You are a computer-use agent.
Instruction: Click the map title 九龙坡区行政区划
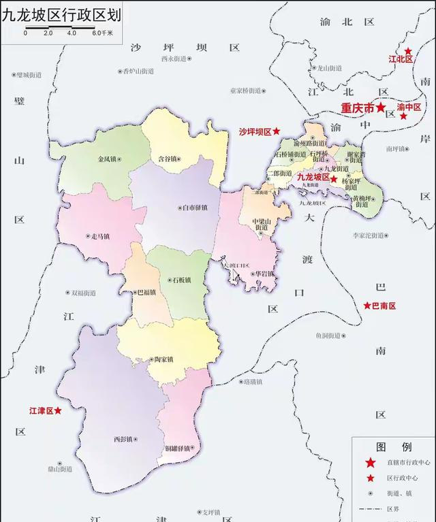coord(67,14)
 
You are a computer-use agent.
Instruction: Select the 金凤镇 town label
coord(108,160)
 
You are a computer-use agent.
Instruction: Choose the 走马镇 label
coord(97,237)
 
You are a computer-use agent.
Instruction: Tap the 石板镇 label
coord(180,280)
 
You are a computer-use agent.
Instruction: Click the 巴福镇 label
coord(146,293)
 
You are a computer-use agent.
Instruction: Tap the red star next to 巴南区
coord(367,306)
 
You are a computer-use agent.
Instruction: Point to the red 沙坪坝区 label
coord(255,131)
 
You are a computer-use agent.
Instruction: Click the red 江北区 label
coord(401,60)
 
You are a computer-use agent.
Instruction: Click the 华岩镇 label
coord(262,274)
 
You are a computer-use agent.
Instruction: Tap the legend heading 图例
coord(394,447)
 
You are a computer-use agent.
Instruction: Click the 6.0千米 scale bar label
coord(103,32)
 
